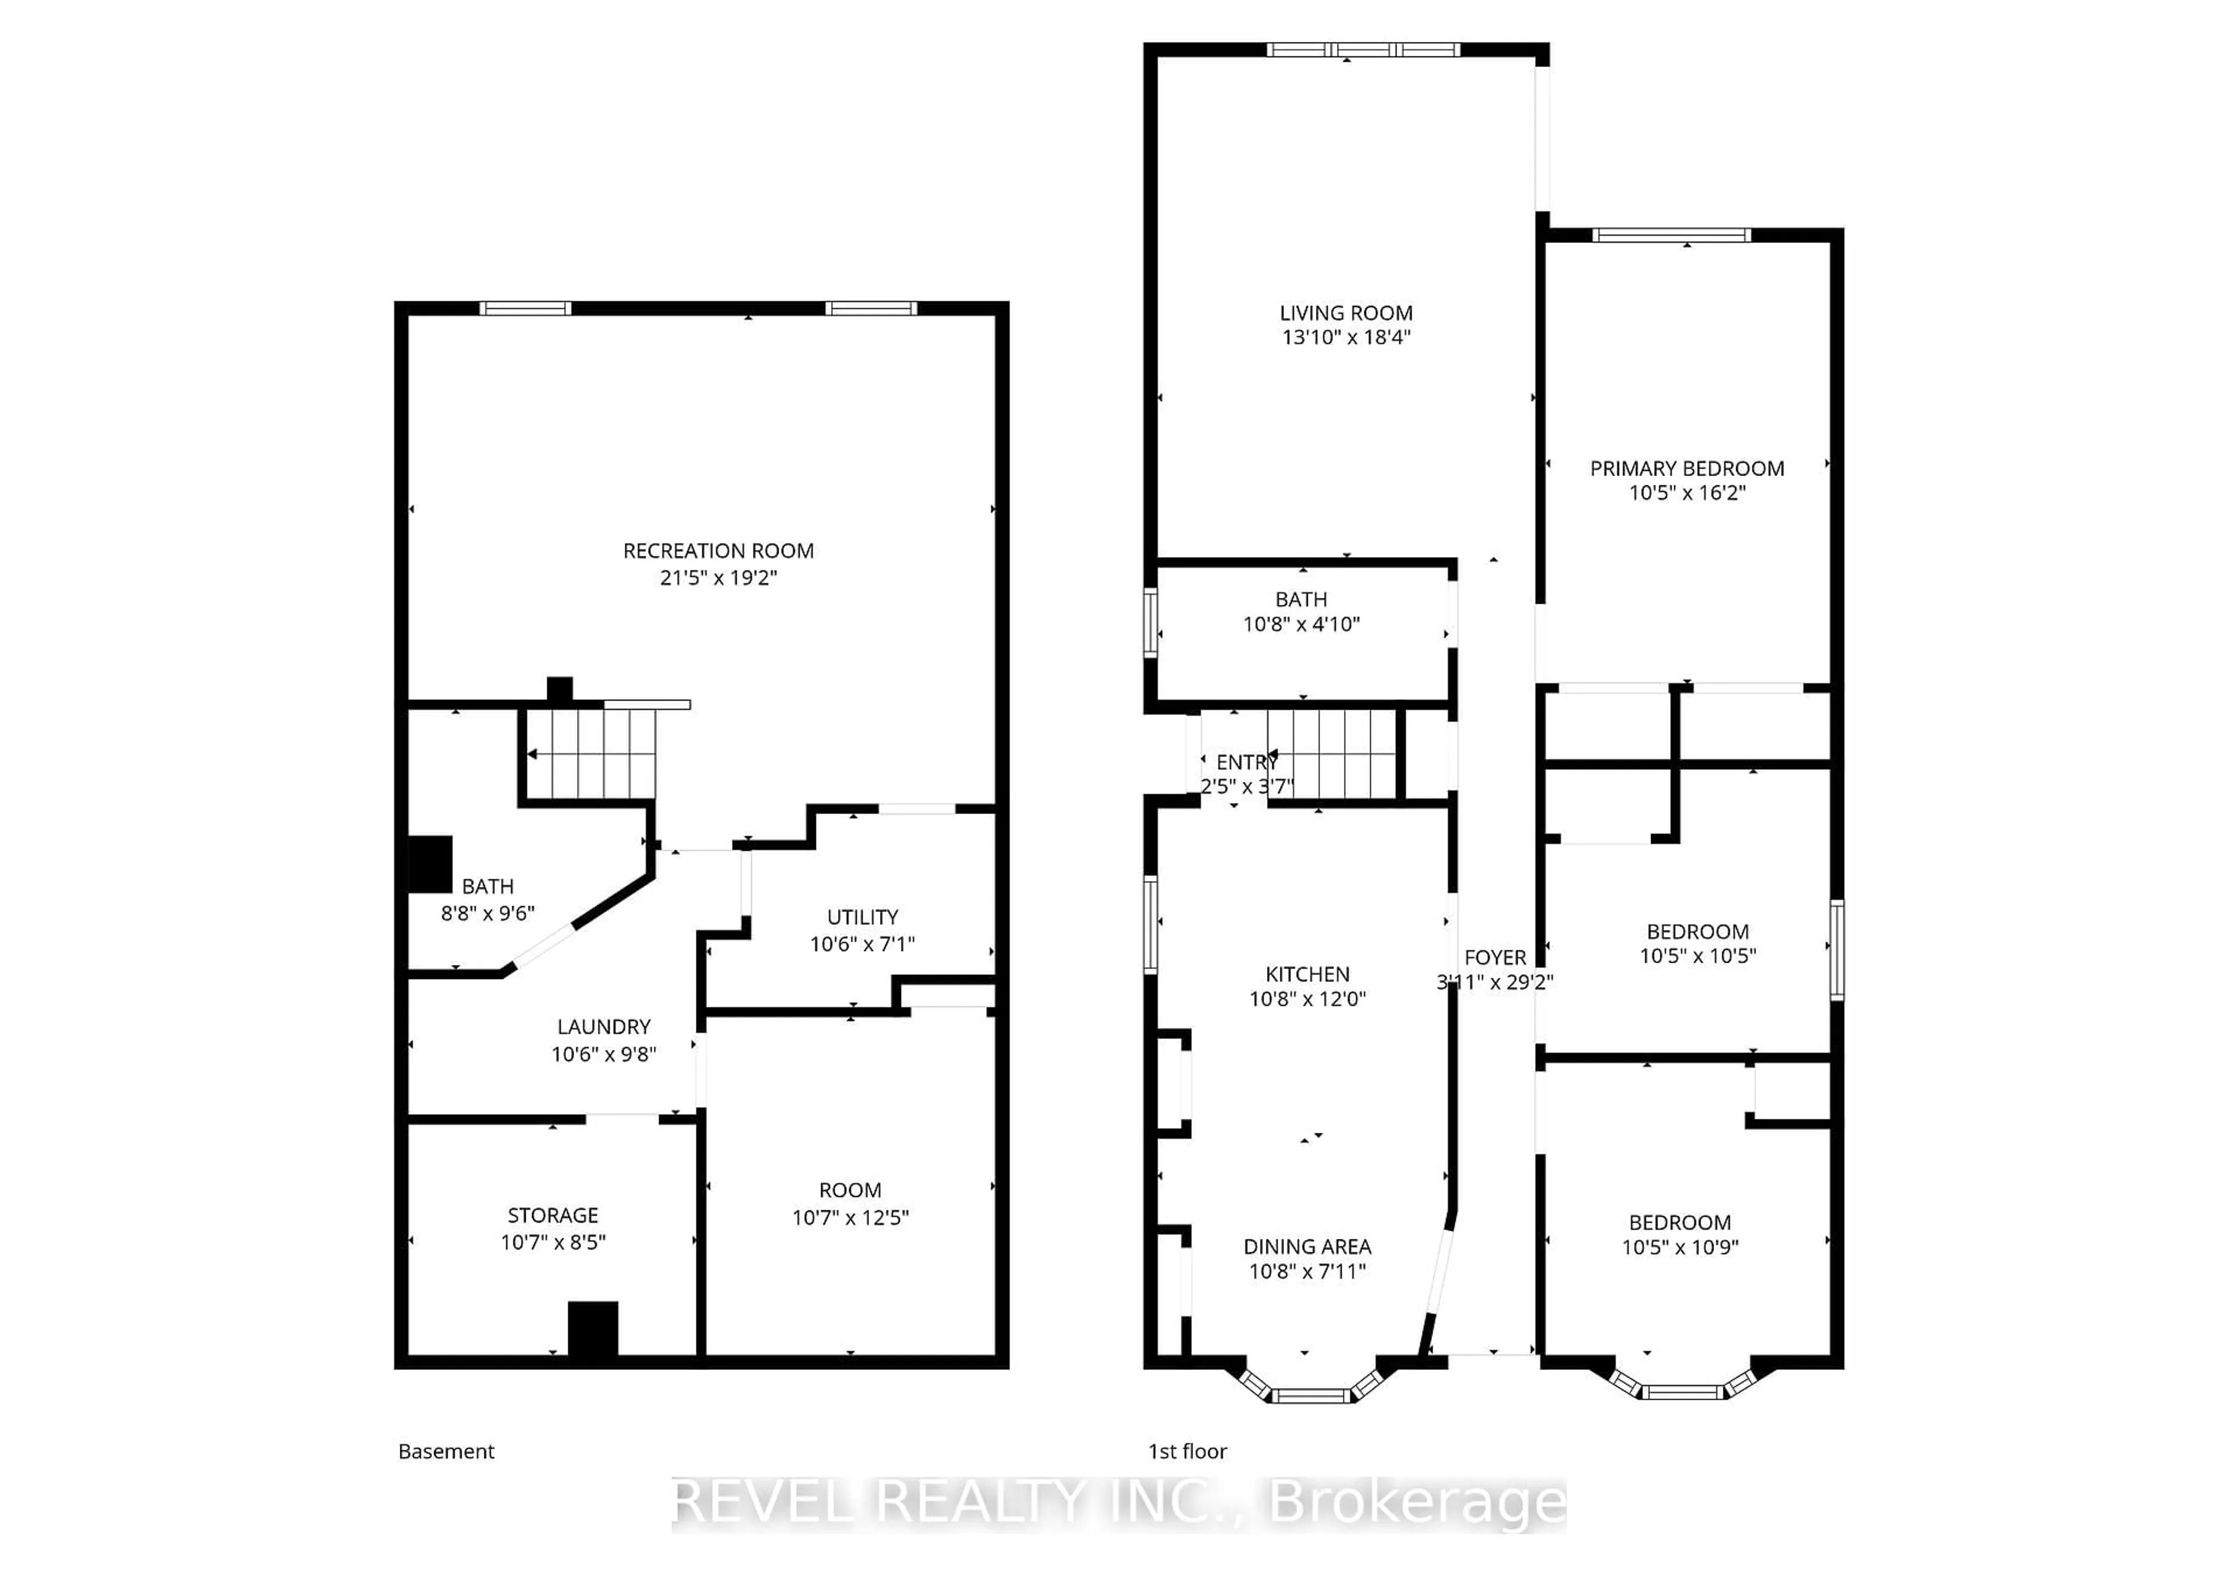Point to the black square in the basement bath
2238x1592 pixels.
pos(430,864)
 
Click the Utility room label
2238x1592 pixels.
pos(861,917)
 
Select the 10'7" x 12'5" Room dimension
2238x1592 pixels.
pos(850,1217)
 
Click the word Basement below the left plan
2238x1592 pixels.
pos(446,1451)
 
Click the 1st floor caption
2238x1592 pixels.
pos(1187,1451)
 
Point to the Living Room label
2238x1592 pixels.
pos(1345,313)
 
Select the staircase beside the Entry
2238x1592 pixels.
pos(1331,754)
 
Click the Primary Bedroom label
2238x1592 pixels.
pos(1686,469)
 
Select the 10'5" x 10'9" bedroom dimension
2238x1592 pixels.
pos(1679,1247)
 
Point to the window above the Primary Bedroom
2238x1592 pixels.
pos(1672,235)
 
